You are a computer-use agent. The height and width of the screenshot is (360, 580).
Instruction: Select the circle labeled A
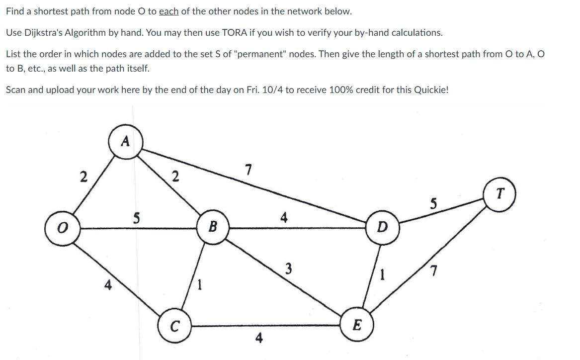point(126,142)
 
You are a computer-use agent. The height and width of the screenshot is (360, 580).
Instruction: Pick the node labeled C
point(175,327)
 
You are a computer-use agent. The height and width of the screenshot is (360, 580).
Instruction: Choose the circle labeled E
point(356,326)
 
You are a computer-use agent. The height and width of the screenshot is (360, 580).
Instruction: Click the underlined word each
point(168,11)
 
